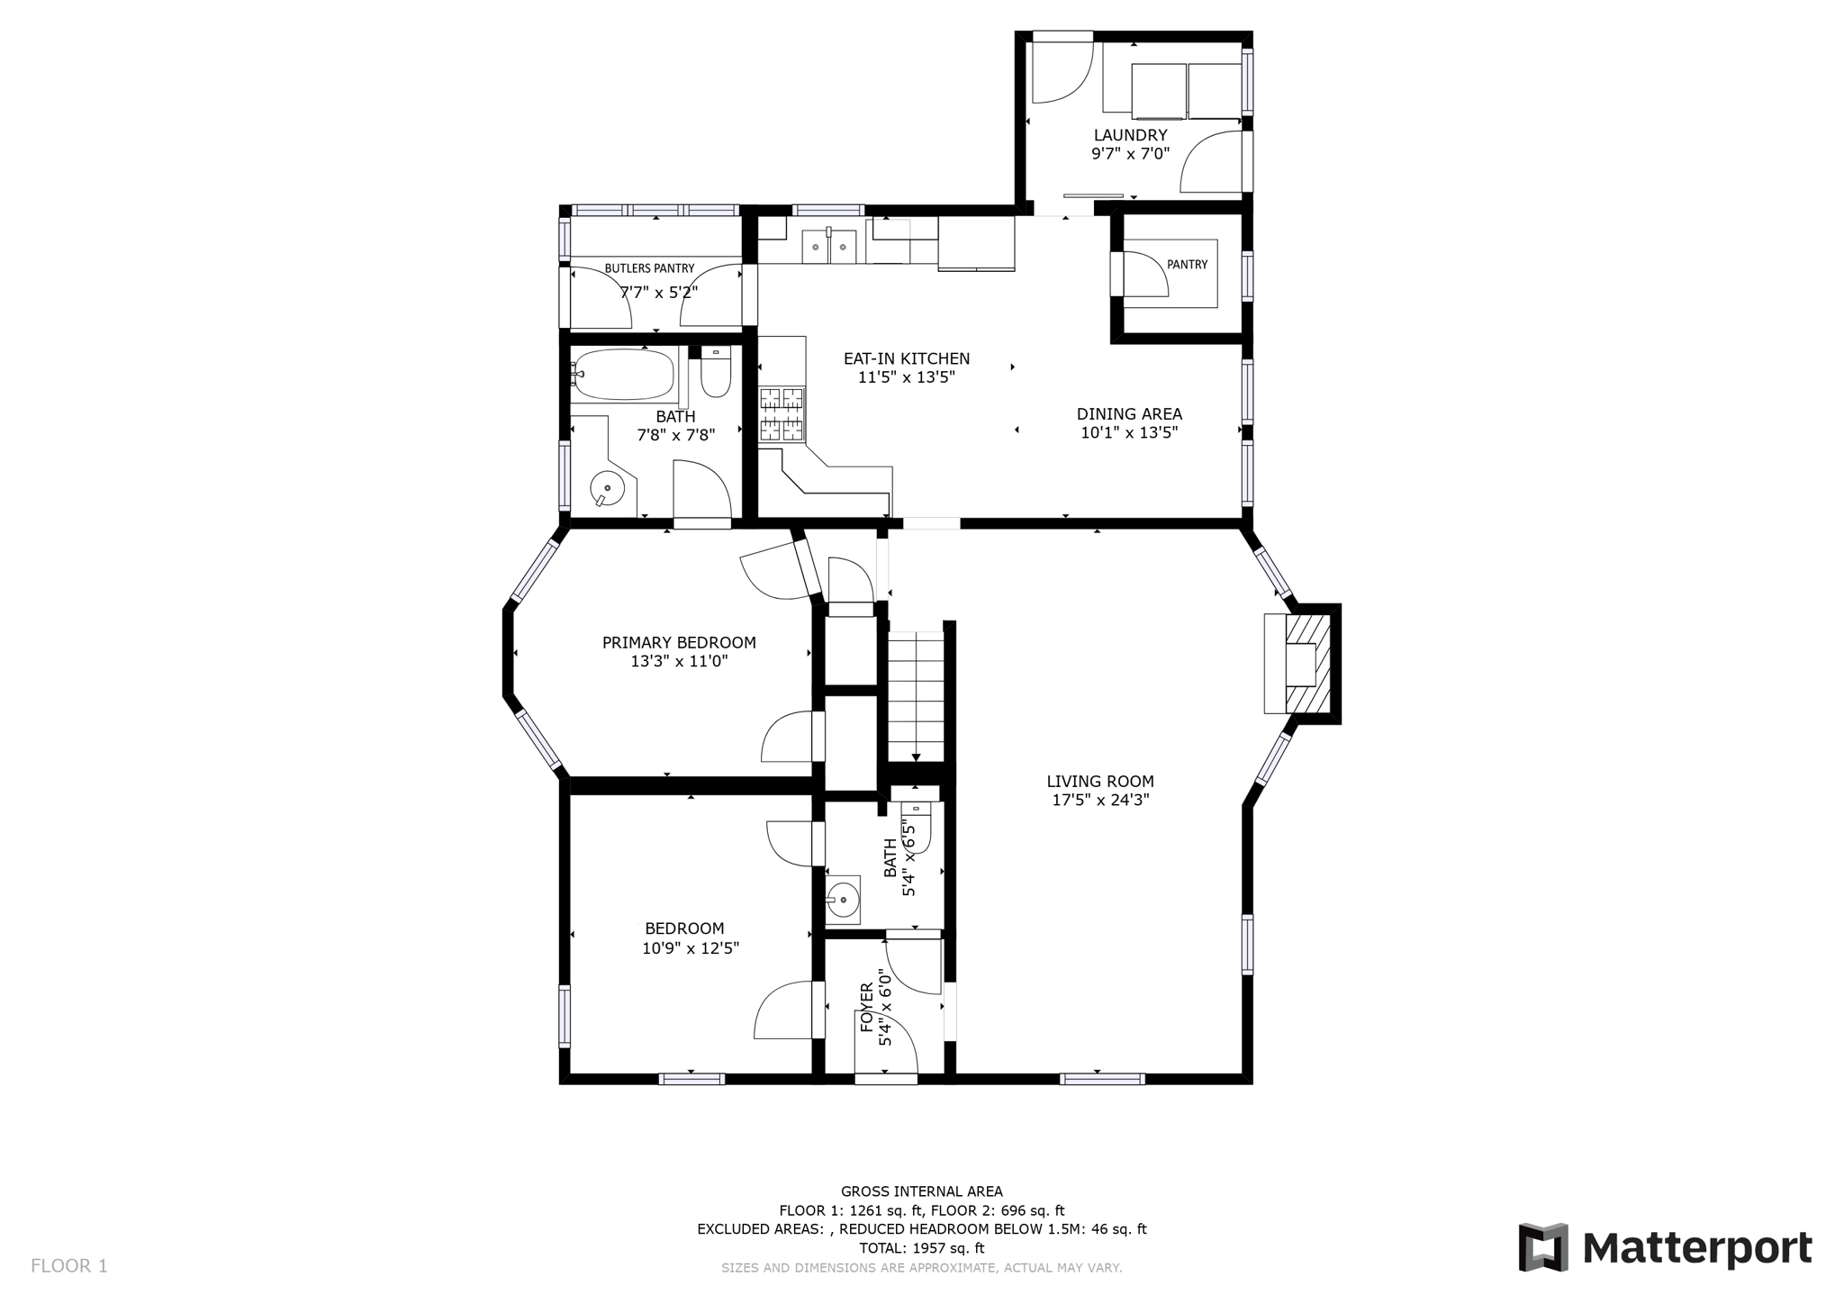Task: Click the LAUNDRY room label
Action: coord(1129,136)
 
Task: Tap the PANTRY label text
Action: coord(1187,265)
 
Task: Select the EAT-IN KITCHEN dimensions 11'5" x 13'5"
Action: coord(906,377)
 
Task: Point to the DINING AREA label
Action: coord(1129,414)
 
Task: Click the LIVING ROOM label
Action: coord(1099,782)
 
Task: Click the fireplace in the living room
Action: coord(1301,665)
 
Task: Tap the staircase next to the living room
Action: coord(916,693)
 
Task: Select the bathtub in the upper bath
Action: coord(624,374)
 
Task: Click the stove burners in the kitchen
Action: coord(781,414)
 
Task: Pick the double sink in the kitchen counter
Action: coord(828,246)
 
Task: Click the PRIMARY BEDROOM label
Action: coord(679,643)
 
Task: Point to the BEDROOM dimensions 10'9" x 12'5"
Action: coord(691,948)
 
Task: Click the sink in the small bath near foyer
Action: coord(844,899)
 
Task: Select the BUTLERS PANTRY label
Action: coord(649,268)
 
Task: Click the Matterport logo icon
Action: coord(1543,1247)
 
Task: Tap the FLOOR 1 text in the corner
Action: coord(69,1266)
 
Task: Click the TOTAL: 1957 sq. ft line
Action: coord(921,1248)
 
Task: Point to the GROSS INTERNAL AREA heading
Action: coord(921,1191)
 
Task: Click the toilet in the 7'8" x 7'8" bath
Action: coord(716,376)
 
